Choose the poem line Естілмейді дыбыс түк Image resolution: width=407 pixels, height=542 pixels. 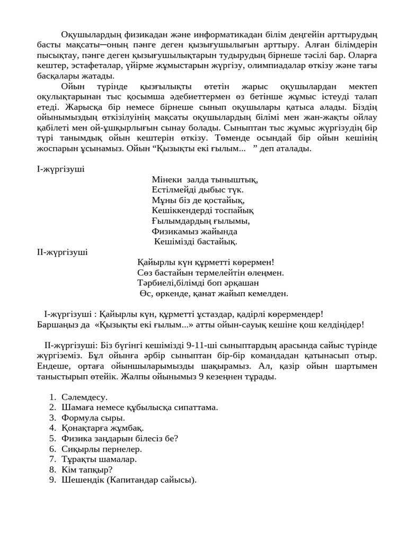tap(197, 189)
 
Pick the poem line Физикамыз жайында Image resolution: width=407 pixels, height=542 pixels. tap(194, 231)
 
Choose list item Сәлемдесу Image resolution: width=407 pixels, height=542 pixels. tap(84, 397)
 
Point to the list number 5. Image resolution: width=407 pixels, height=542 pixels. tap(52, 438)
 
